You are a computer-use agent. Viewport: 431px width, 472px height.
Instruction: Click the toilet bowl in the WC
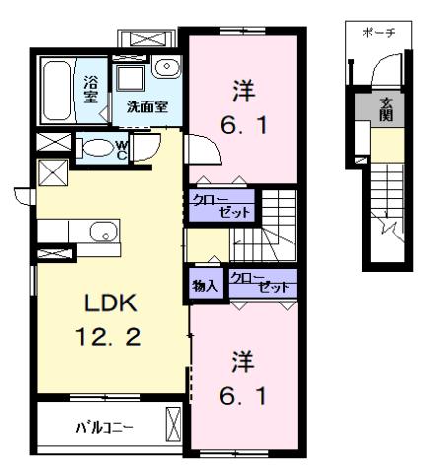point(99,149)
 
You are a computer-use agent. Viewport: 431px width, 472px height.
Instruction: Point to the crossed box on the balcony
point(175,427)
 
